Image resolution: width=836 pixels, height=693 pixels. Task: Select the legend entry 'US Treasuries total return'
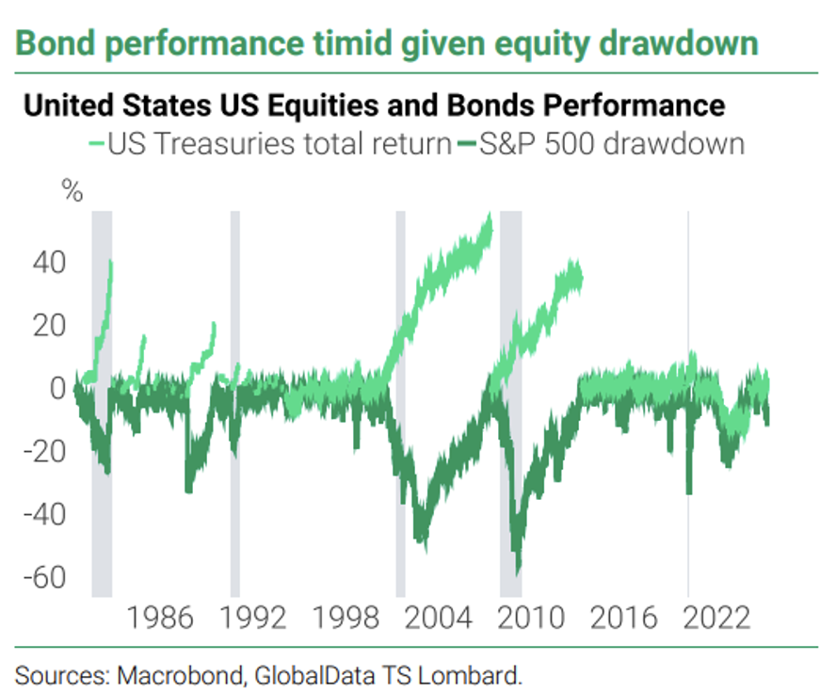pyautogui.click(x=279, y=145)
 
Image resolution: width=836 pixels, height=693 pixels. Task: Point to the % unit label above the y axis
pyautogui.click(x=72, y=194)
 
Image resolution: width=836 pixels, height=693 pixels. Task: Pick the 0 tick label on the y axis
pyautogui.click(x=59, y=388)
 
